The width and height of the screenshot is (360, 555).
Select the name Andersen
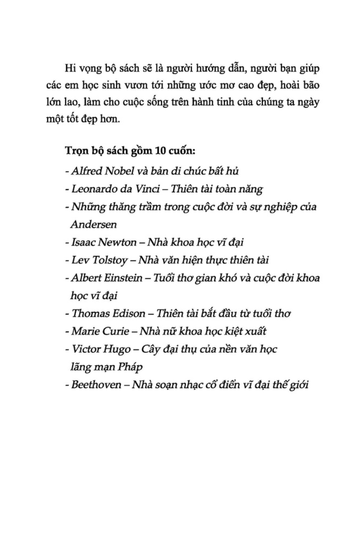(93, 224)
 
